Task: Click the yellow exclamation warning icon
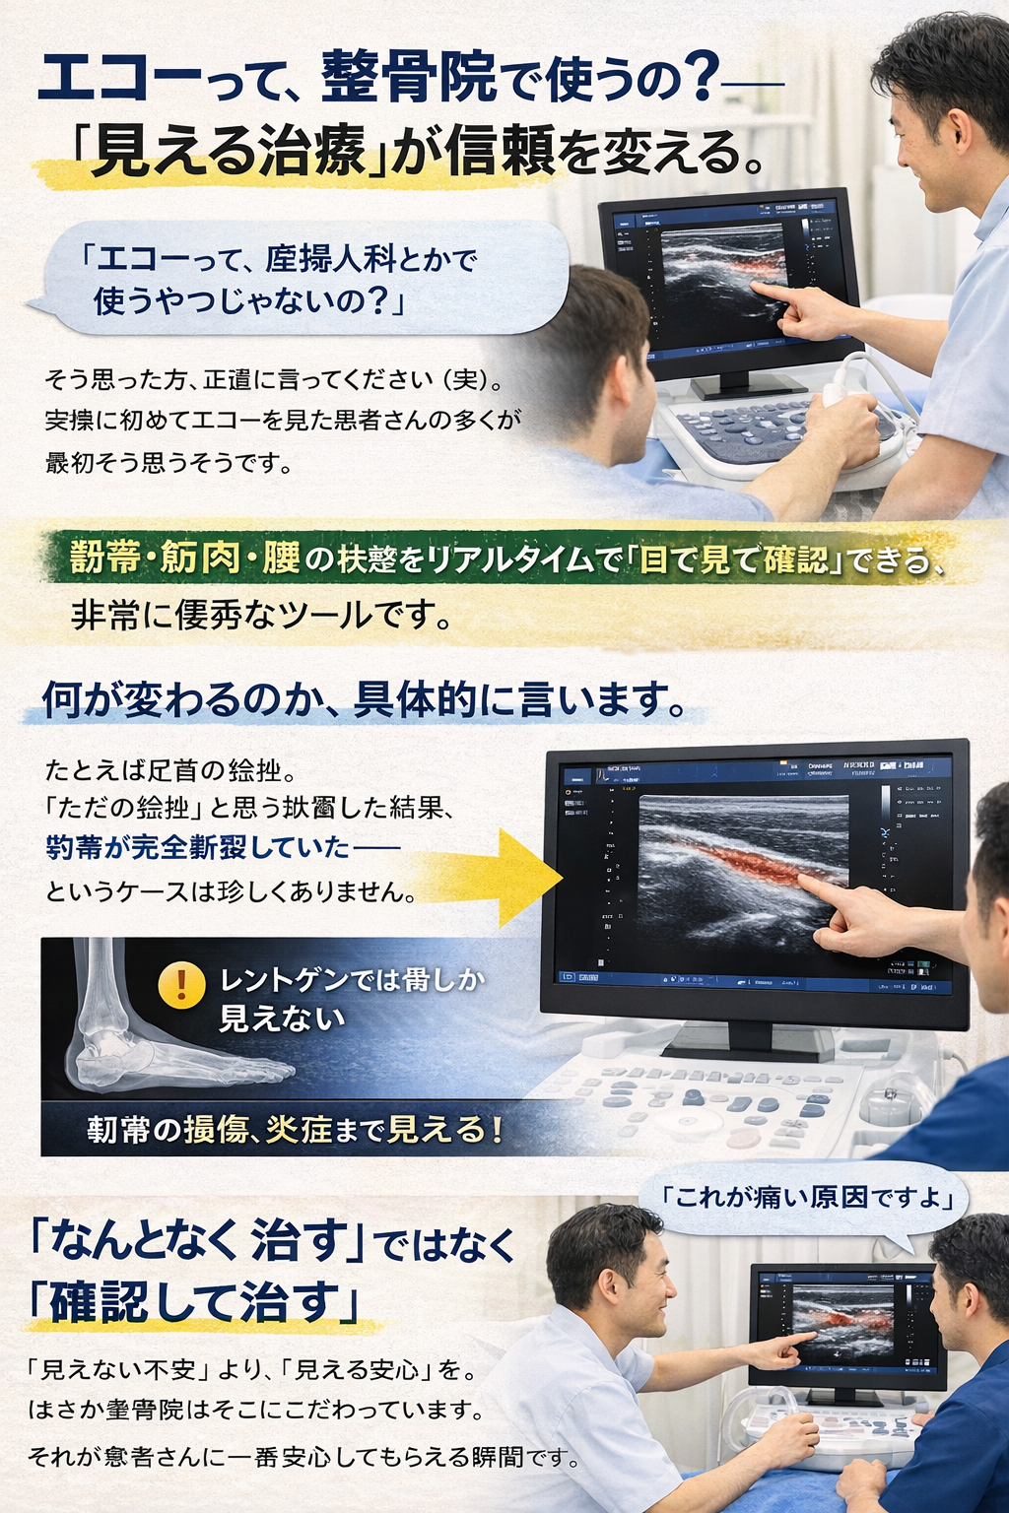(x=181, y=984)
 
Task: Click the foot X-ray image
(x=148, y=1024)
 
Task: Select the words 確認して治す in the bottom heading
(x=192, y=1302)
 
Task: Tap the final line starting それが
(x=301, y=1456)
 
